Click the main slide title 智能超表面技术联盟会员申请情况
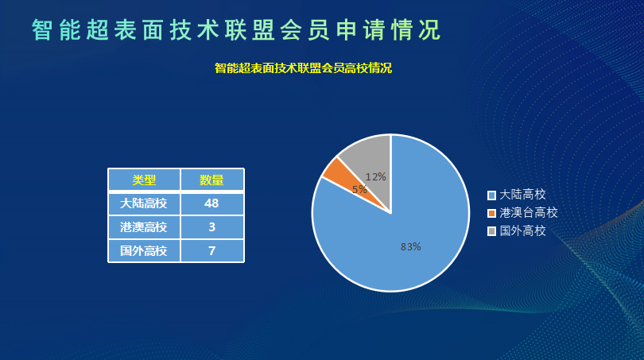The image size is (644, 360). [236, 30]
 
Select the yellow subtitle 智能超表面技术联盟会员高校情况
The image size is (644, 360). [303, 68]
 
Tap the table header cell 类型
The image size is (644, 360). [144, 180]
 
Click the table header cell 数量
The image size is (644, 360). [212, 180]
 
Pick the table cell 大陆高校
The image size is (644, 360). [144, 203]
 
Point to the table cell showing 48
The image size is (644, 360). [212, 203]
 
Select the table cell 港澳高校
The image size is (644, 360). [144, 227]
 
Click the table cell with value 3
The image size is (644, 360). [212, 227]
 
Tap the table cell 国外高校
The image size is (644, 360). [144, 251]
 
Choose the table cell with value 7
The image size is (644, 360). [212, 251]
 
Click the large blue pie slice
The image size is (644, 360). [406, 238]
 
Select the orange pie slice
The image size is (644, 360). [349, 180]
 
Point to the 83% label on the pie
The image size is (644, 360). [411, 246]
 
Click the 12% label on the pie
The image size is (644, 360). [376, 177]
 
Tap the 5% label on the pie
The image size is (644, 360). [359, 189]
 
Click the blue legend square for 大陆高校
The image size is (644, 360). [491, 195]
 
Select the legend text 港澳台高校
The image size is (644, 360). [529, 213]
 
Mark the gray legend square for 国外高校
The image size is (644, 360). [491, 231]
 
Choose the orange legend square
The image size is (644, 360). [491, 213]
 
